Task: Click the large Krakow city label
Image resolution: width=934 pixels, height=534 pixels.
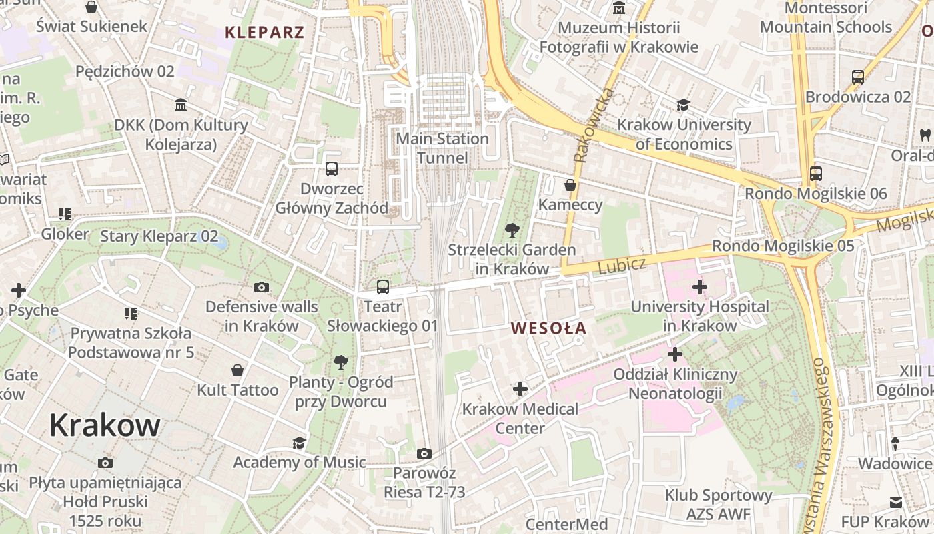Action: point(105,425)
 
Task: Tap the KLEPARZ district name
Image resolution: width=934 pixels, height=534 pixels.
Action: point(264,32)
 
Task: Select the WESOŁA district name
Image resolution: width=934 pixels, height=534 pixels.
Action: point(548,328)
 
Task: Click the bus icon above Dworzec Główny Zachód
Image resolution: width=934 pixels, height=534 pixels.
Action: point(332,169)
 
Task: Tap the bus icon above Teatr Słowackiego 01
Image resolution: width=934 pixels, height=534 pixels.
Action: point(382,287)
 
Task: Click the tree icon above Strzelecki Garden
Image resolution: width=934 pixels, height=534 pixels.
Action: point(512,231)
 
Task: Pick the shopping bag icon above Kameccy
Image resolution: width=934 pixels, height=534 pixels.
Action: point(570,185)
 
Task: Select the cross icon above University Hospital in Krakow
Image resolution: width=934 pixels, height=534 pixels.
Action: point(699,288)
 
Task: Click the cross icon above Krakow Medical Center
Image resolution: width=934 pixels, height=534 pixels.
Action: point(520,389)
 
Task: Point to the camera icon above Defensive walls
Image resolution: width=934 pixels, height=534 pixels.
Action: point(262,288)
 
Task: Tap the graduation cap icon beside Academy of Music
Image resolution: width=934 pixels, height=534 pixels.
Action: point(299,443)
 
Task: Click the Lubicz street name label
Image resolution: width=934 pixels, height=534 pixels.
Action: point(622,265)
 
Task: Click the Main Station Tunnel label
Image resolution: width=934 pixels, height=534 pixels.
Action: point(442,148)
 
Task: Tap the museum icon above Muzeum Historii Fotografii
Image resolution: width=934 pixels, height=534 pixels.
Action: point(619,9)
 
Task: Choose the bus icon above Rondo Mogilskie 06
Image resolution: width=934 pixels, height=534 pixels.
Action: point(815,174)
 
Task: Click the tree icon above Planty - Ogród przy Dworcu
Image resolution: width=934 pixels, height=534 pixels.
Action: point(340,362)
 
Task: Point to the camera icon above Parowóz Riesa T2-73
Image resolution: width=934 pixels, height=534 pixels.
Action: point(424,454)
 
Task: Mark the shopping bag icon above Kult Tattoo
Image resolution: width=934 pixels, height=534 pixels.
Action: point(238,370)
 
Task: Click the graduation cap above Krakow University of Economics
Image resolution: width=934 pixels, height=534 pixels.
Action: point(683,105)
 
